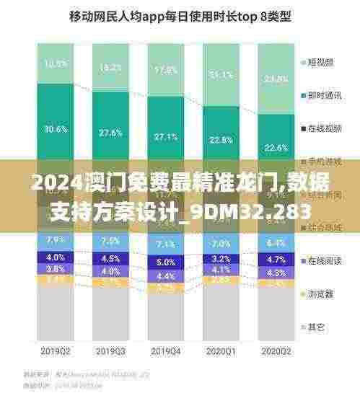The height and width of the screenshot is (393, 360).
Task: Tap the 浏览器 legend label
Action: coord(320,293)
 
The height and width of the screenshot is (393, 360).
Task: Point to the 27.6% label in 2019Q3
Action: coord(111,133)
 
